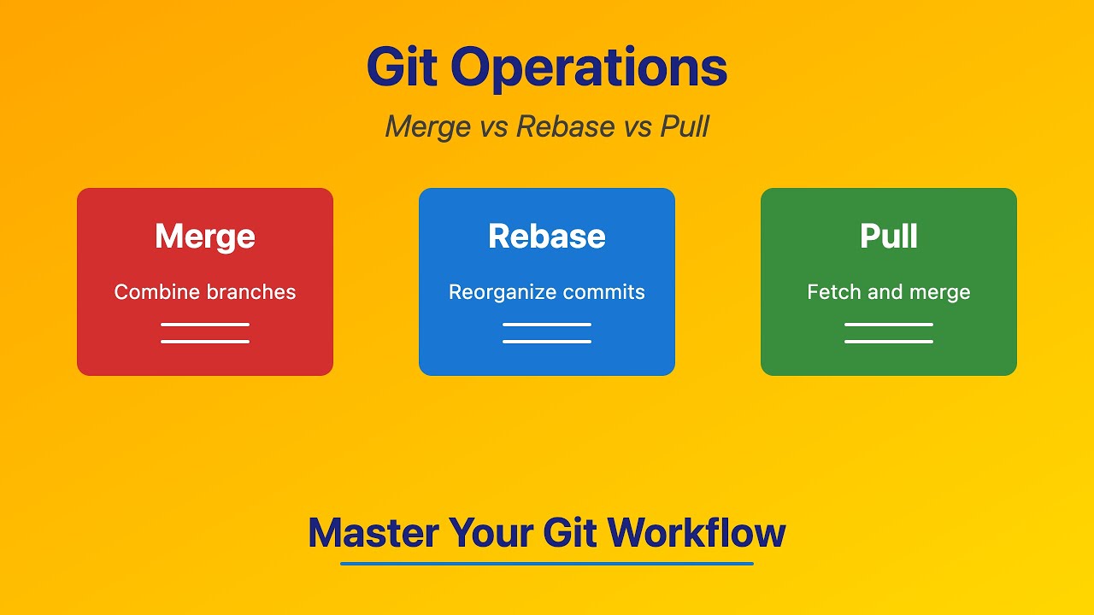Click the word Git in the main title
coord(401,68)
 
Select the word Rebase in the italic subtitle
coord(565,126)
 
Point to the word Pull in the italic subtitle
coord(684,126)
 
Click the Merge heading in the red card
coord(205,237)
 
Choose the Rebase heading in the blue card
coord(547,237)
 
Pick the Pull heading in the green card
coord(889,237)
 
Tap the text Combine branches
coord(205,292)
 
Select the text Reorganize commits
coord(547,292)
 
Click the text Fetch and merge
coord(889,292)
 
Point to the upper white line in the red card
coord(205,325)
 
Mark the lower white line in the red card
coord(205,342)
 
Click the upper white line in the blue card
coord(547,325)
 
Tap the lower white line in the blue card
coord(547,342)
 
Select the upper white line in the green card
coord(889,325)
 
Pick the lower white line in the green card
coord(889,342)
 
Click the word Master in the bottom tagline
coord(373,533)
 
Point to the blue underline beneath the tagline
coord(547,564)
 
